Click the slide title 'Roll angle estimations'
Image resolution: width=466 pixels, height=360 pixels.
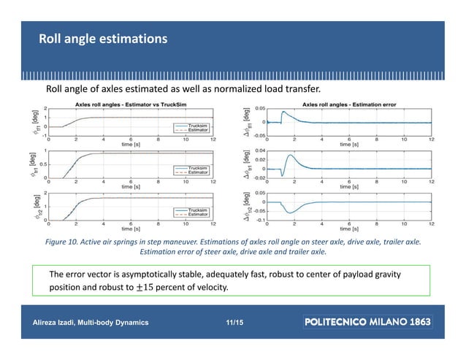pos(103,37)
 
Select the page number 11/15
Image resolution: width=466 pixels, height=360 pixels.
pos(235,321)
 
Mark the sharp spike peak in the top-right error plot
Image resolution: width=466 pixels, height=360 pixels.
pos(282,112)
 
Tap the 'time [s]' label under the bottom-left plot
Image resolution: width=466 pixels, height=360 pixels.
pos(131,228)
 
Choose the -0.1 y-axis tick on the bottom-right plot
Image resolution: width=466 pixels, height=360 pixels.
pos(259,219)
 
